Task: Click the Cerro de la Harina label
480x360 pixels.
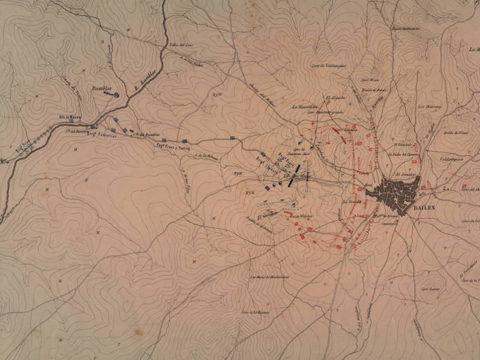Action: click(254, 312)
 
